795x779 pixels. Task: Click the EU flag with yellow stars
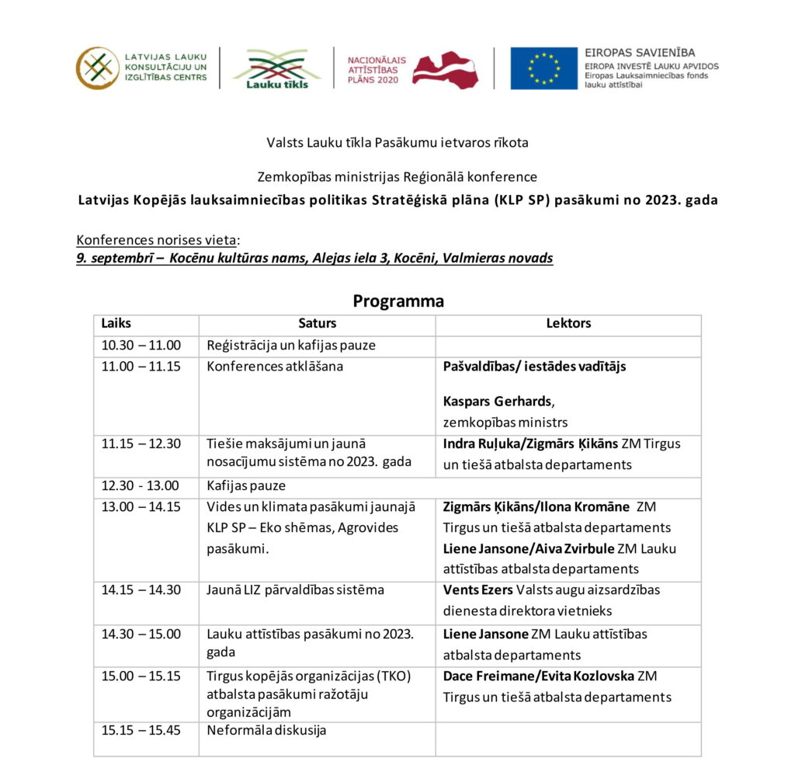[543, 68]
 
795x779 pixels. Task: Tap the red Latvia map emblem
[445, 70]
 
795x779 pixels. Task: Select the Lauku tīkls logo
[277, 68]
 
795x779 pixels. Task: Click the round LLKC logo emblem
[97, 68]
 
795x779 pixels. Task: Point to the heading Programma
[398, 301]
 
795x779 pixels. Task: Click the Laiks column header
[116, 323]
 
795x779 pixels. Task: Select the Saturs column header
[317, 323]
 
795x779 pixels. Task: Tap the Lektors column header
[568, 323]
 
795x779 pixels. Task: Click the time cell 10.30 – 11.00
[141, 346]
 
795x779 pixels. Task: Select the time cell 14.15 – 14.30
[141, 589]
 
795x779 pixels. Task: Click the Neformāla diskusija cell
[266, 730]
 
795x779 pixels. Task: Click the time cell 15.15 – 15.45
[141, 730]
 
